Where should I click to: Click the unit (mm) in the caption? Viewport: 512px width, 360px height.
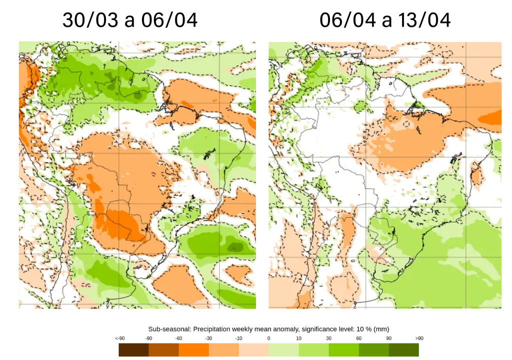380,328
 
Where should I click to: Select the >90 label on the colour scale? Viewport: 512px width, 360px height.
419,338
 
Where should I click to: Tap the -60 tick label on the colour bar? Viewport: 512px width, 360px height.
178,338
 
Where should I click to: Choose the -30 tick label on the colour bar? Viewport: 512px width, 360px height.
208,338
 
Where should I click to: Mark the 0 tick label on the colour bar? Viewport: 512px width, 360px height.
269,338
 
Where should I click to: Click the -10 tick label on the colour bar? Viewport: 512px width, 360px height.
239,338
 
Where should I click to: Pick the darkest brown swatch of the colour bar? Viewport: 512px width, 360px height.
133,349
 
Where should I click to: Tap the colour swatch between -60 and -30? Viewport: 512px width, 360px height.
193,349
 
